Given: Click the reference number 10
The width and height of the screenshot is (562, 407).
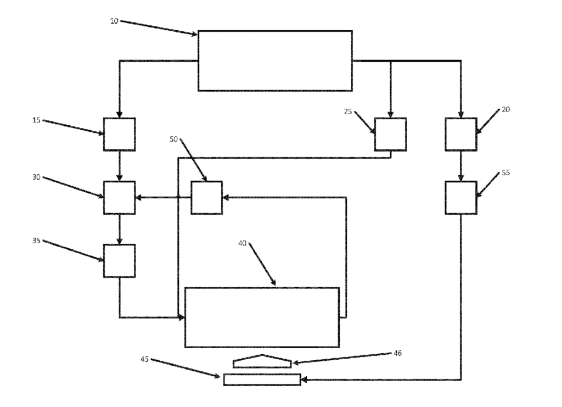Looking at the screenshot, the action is (x=114, y=21).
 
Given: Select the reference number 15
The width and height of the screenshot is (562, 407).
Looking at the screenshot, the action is (x=36, y=120).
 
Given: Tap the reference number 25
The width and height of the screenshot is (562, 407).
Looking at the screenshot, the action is (x=347, y=111).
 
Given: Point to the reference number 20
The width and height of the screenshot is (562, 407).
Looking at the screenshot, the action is (x=505, y=109).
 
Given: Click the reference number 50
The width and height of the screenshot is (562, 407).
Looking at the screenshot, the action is (x=173, y=139).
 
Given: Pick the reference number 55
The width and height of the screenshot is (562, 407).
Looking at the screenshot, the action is (x=505, y=172).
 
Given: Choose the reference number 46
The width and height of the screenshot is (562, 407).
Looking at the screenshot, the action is (x=397, y=353).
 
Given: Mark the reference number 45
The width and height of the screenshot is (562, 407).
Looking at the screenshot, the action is (x=144, y=359).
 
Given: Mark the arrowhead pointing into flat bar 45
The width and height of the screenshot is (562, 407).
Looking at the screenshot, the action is (x=304, y=380).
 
